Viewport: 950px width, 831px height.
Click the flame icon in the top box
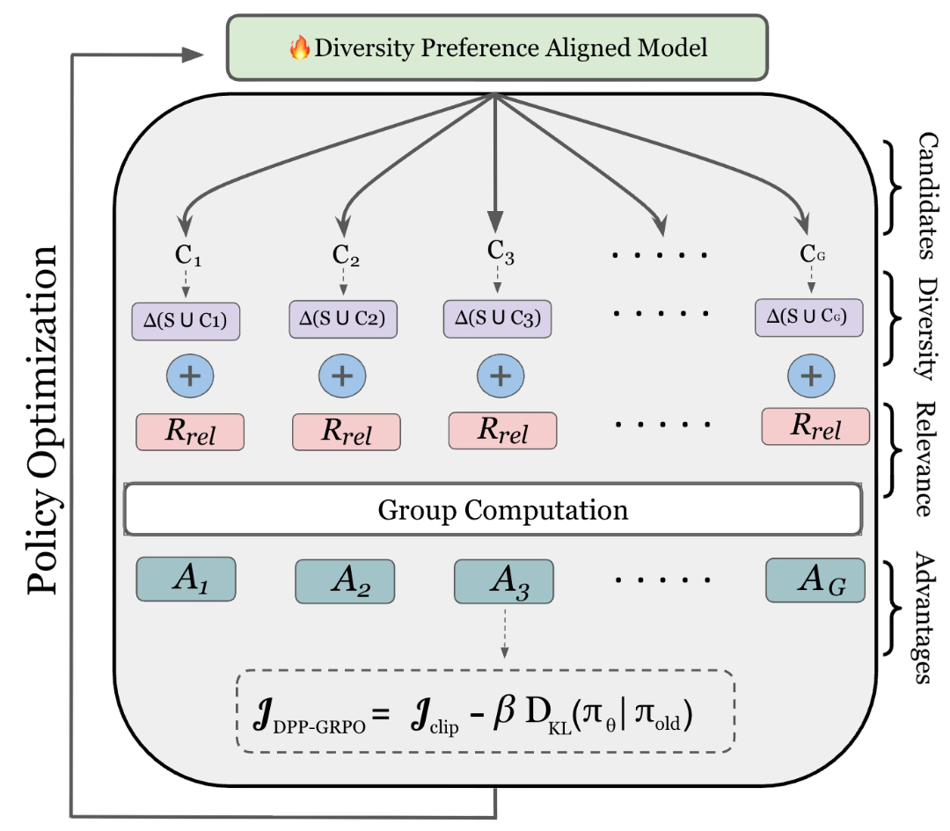coord(300,47)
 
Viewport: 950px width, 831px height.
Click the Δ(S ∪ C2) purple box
coord(343,318)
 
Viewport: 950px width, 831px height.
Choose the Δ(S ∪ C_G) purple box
coord(808,317)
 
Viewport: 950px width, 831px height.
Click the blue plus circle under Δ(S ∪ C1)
coord(190,375)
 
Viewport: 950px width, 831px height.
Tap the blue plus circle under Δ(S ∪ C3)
coord(501,375)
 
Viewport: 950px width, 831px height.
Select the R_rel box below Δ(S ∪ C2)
coord(346,433)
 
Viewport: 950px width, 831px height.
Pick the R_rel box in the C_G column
coord(815,426)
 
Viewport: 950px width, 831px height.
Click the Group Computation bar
coord(493,510)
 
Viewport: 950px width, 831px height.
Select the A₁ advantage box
coord(186,580)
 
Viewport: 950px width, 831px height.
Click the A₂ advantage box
coord(345,581)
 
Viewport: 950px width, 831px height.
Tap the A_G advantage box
coord(815,580)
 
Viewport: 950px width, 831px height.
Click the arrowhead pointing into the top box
coord(195,55)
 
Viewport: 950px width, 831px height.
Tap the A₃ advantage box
coord(504,581)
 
